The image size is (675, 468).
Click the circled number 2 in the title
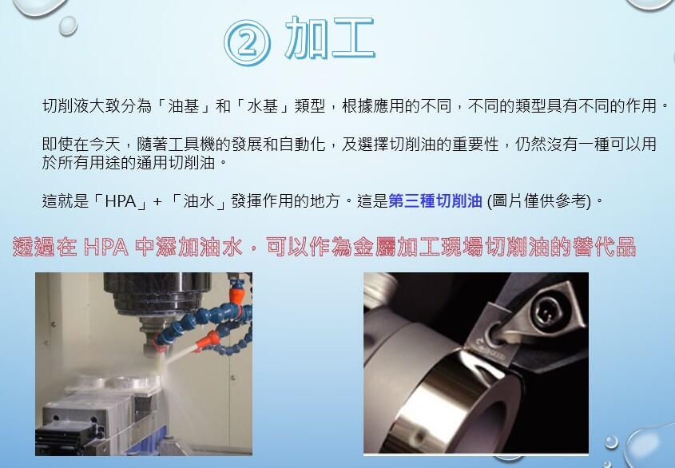tap(247, 42)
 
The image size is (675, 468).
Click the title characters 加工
tap(330, 38)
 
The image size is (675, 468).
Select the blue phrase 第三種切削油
tap(435, 200)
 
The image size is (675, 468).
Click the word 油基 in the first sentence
tap(184, 105)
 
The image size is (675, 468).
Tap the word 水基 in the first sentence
tap(263, 105)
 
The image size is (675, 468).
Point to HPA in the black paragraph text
tap(121, 201)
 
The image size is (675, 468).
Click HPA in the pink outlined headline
tap(106, 247)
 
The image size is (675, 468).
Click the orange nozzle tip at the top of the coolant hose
tap(235, 296)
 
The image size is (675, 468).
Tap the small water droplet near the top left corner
tap(68, 26)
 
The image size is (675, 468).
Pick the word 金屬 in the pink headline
tap(375, 247)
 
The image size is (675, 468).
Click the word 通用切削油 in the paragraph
tap(176, 163)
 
